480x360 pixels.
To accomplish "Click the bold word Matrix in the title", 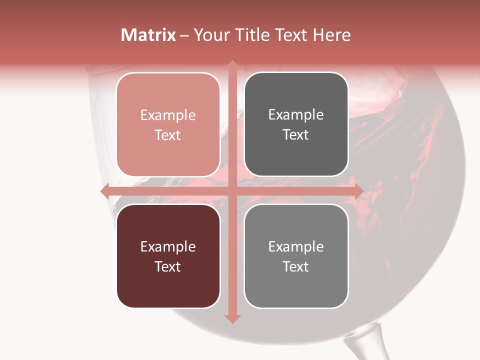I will pyautogui.click(x=148, y=35).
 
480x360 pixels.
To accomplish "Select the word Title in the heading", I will pyautogui.click(x=251, y=35).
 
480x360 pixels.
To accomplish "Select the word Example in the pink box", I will pyautogui.click(x=168, y=115).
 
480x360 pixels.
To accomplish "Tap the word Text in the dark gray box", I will pyautogui.click(x=296, y=135).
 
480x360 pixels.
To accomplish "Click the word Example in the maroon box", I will pyautogui.click(x=168, y=247).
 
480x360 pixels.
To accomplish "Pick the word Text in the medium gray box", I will pyautogui.click(x=296, y=266).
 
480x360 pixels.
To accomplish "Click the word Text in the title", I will pyautogui.click(x=290, y=35).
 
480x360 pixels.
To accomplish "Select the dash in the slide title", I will pyautogui.click(x=184, y=35).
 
